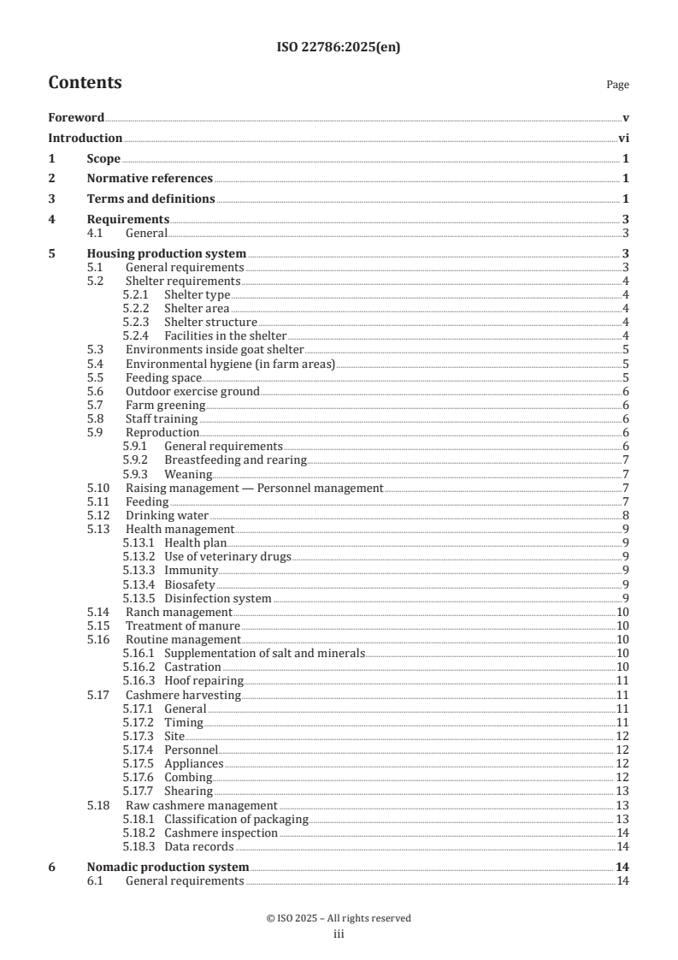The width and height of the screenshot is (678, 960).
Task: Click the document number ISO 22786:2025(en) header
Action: pos(339,48)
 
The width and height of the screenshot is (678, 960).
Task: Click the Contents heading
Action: pos(85,83)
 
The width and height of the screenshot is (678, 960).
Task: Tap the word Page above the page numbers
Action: pos(617,85)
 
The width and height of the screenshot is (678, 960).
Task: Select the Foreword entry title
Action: pos(76,117)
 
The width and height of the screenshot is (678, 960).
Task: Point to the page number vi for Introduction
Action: pos(624,138)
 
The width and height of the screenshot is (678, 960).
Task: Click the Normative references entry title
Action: pos(150,179)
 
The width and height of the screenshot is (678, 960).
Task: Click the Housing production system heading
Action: pos(167,253)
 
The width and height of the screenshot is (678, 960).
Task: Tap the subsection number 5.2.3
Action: pos(139,322)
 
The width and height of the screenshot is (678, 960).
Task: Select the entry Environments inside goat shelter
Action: pos(215,350)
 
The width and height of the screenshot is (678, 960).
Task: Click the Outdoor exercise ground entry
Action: pos(192,391)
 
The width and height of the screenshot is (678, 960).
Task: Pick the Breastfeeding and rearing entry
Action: pos(235,460)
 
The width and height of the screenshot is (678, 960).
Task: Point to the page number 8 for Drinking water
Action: pos(626,515)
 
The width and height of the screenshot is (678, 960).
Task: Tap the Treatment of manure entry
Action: pos(182,625)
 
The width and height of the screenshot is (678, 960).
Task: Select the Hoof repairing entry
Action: pos(203,680)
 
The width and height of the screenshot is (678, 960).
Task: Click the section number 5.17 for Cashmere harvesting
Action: pos(99,695)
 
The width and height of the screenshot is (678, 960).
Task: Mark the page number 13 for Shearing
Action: pos(622,791)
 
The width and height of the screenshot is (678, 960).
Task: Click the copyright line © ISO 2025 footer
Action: pos(339,918)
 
